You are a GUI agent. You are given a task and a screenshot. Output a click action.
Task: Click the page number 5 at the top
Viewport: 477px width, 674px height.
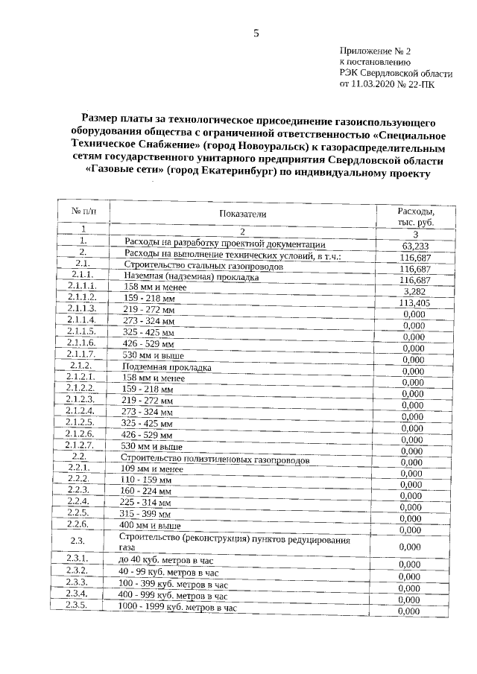(255, 33)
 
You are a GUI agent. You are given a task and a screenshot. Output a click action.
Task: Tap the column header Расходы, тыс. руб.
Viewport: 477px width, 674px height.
(416, 217)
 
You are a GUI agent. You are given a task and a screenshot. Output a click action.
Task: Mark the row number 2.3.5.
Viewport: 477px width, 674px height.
(78, 605)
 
